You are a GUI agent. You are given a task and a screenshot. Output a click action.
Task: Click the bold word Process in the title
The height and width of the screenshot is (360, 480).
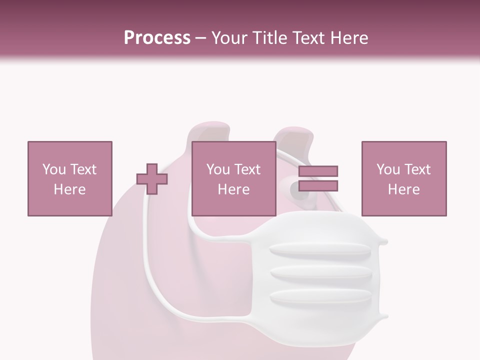coord(157,37)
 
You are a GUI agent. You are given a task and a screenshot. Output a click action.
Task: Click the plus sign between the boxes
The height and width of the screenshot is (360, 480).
coord(152,179)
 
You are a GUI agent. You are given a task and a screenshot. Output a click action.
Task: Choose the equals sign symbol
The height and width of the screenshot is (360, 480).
coord(318,178)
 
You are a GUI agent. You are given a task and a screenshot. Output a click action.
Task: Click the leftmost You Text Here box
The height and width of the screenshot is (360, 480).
coord(70,178)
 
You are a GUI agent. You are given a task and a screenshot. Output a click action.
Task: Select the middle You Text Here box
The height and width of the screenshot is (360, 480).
coord(234,178)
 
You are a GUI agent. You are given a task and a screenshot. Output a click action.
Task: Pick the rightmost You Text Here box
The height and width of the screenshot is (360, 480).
coord(404,178)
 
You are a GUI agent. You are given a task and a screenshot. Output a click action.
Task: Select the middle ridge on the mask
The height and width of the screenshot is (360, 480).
coord(320,272)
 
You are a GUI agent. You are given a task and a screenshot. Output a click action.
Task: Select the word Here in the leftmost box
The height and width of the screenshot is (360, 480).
coord(70,189)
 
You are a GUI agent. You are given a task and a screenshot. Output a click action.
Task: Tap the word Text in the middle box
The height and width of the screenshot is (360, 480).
coord(247,169)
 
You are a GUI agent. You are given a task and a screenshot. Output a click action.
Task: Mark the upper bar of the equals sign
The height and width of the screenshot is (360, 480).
coord(318,171)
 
